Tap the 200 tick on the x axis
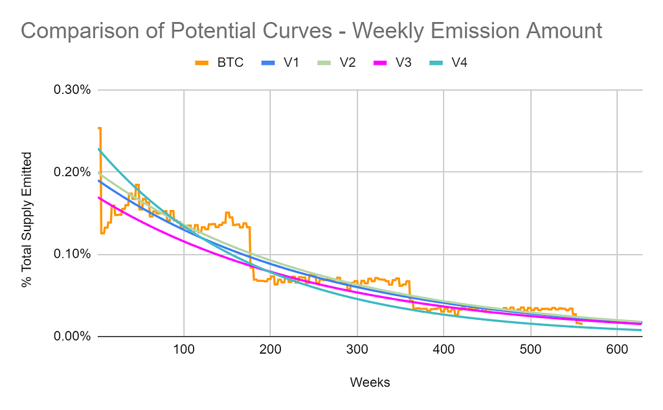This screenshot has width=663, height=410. click(271, 349)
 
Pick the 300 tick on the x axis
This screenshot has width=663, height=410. click(357, 349)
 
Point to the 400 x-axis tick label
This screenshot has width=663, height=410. click(444, 349)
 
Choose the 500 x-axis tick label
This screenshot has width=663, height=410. click(530, 349)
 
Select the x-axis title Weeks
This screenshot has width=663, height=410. click(370, 382)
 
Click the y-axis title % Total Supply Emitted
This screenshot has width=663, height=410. click(27, 219)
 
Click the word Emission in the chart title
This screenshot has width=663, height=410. click(465, 30)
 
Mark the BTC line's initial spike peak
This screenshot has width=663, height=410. click(100, 128)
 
